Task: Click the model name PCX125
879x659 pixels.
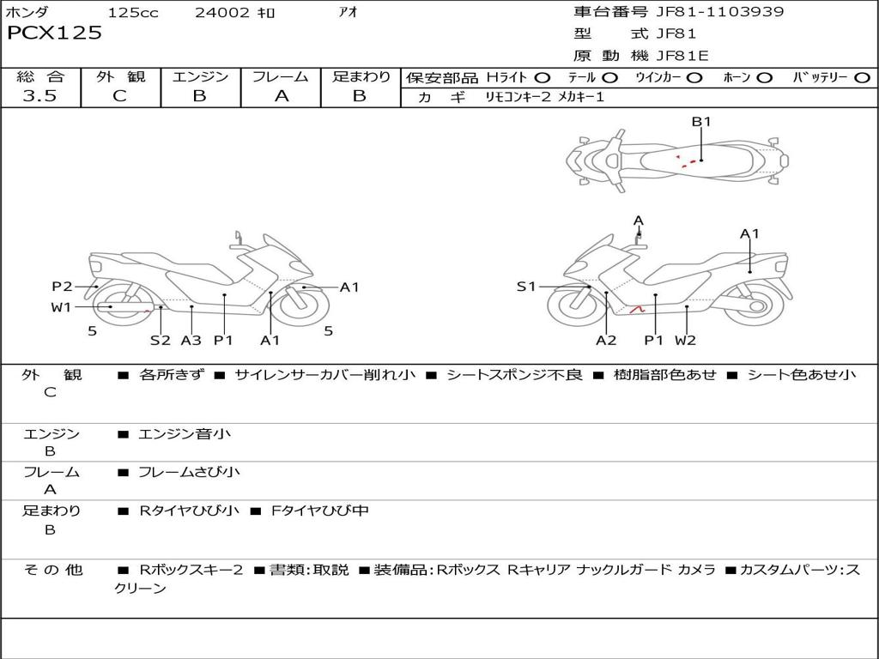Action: (x=54, y=33)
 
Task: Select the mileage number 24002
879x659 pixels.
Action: (x=221, y=13)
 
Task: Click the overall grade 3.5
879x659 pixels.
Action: (x=39, y=96)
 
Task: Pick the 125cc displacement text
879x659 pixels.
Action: (x=133, y=13)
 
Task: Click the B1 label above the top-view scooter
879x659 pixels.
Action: (x=701, y=122)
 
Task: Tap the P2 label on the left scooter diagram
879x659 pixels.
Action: (x=62, y=287)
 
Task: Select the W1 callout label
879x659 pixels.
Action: (x=62, y=307)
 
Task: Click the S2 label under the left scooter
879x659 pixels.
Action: (x=161, y=340)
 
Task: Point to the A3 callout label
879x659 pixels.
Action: (x=191, y=340)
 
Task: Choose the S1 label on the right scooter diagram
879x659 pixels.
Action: (x=526, y=287)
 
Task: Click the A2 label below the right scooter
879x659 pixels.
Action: (x=606, y=340)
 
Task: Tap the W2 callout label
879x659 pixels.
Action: (x=685, y=340)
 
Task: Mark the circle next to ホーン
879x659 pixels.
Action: (x=764, y=78)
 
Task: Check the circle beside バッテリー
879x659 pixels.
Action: (x=862, y=78)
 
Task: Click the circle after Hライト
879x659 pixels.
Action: (x=542, y=78)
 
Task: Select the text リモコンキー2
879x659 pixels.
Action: (x=519, y=98)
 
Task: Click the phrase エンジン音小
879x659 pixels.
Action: (x=185, y=434)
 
